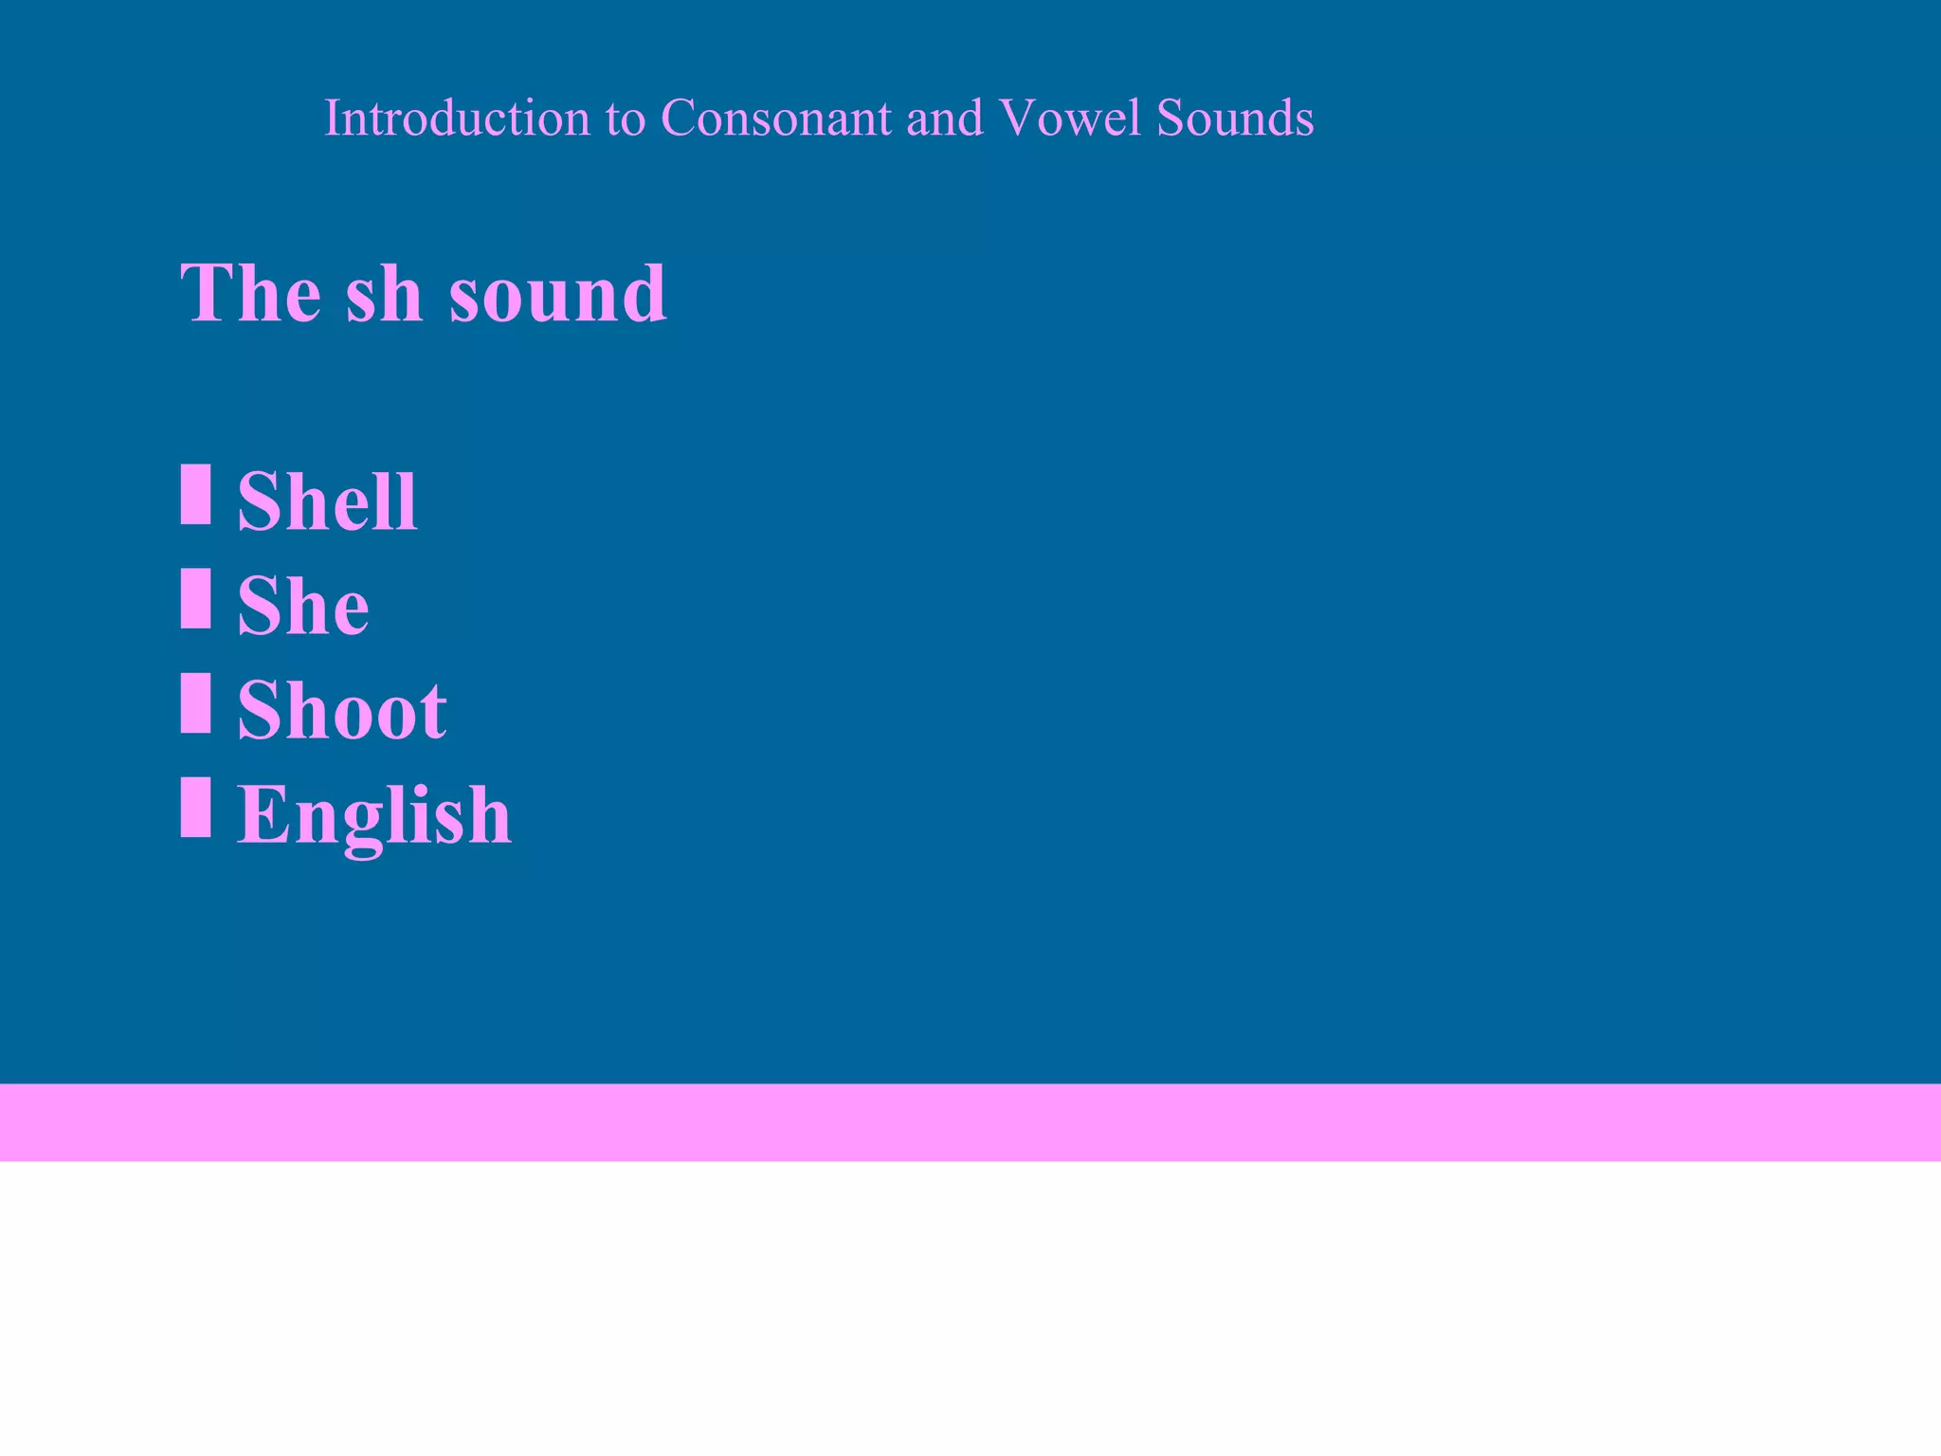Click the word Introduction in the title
click(456, 118)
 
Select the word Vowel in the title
click(1070, 118)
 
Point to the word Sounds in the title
click(1234, 118)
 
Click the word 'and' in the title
click(944, 118)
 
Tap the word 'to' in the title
click(626, 119)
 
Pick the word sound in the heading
click(557, 294)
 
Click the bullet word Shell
click(327, 501)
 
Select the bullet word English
click(373, 815)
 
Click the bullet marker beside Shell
click(195, 494)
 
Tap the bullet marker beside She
click(195, 598)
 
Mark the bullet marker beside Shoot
click(195, 702)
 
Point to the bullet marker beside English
click(195, 807)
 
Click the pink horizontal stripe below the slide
click(970, 1122)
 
